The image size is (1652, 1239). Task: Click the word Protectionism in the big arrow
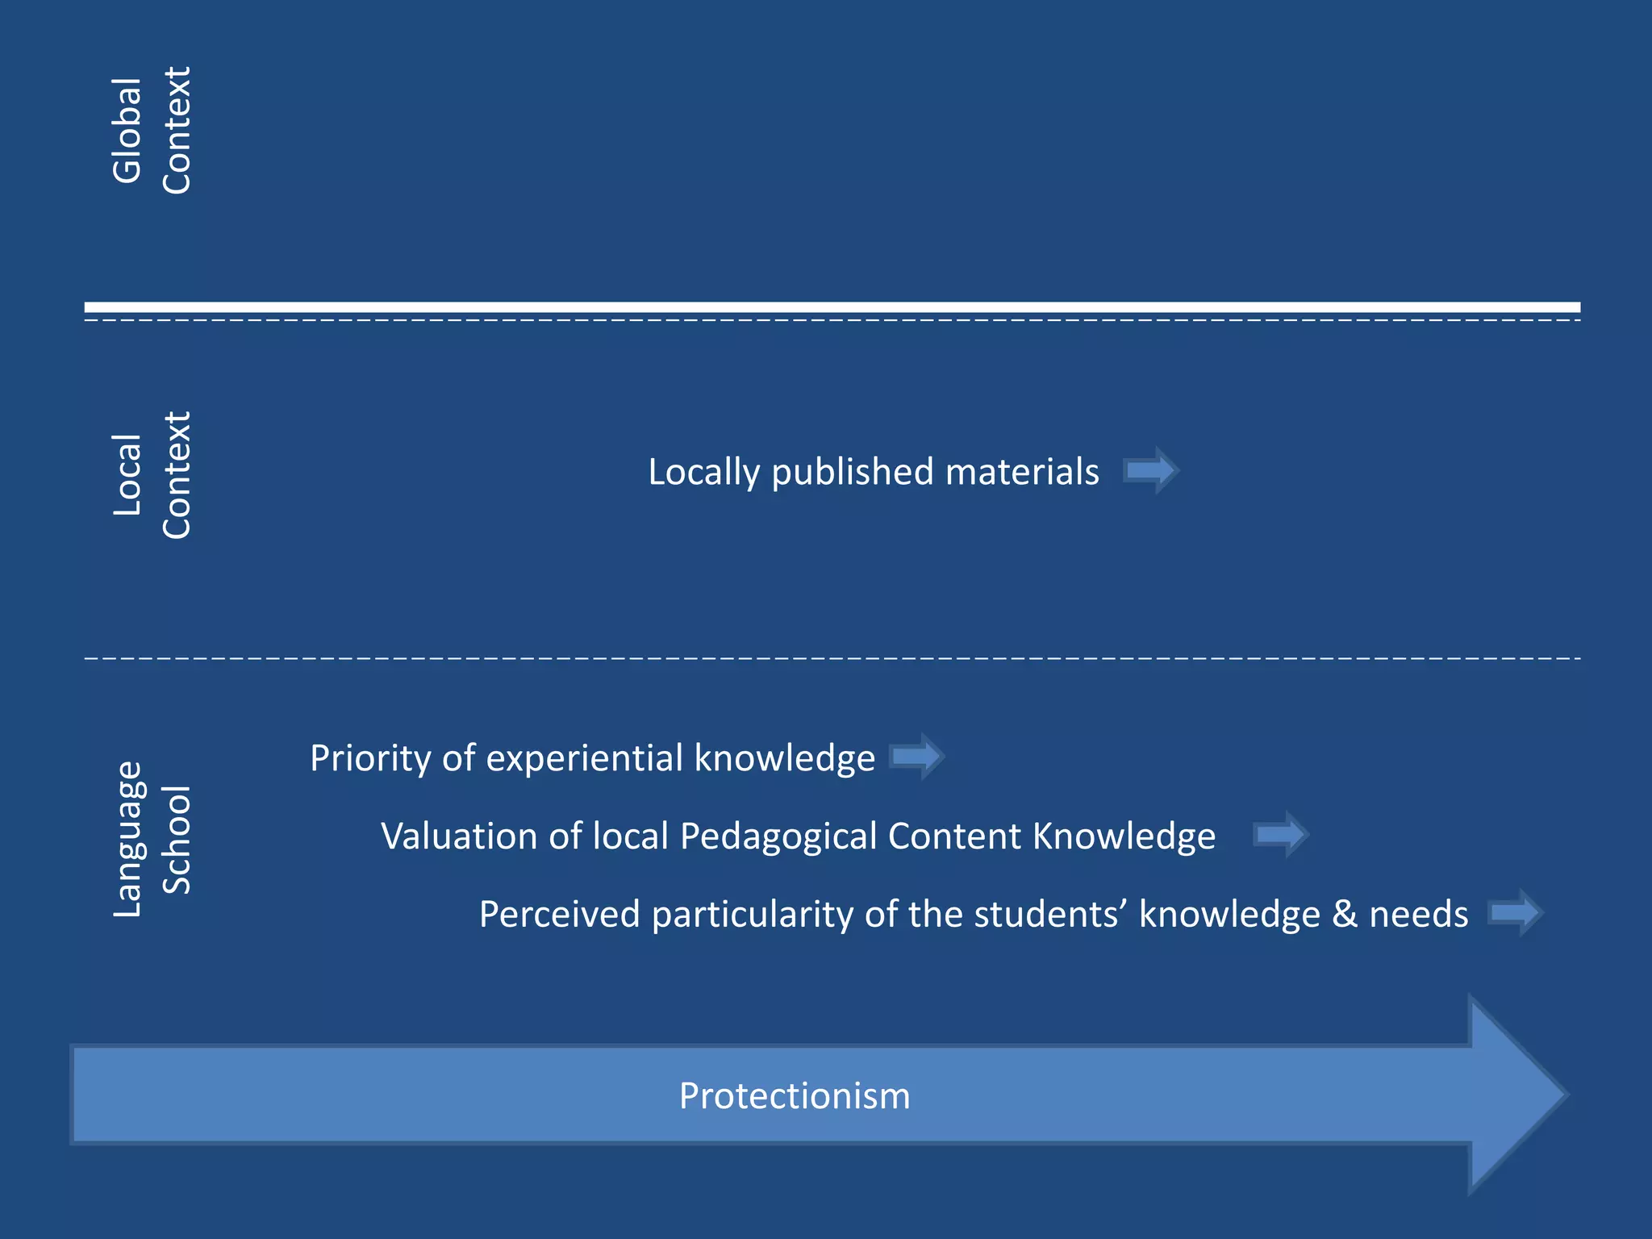coord(795,1096)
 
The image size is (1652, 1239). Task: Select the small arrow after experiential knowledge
coord(916,757)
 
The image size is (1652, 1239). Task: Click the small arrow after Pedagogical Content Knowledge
coord(1280,834)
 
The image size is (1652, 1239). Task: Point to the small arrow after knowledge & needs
coord(1515,912)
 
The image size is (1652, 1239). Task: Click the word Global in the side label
coord(127,131)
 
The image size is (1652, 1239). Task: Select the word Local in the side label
coord(127,475)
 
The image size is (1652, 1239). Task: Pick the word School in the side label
coord(177,839)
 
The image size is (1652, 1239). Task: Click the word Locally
coord(703,473)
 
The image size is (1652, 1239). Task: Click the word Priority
coord(370,759)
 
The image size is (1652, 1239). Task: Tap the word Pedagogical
coord(778,837)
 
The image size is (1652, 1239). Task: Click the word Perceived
coord(559,915)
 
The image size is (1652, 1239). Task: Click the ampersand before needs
coord(1345,915)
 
